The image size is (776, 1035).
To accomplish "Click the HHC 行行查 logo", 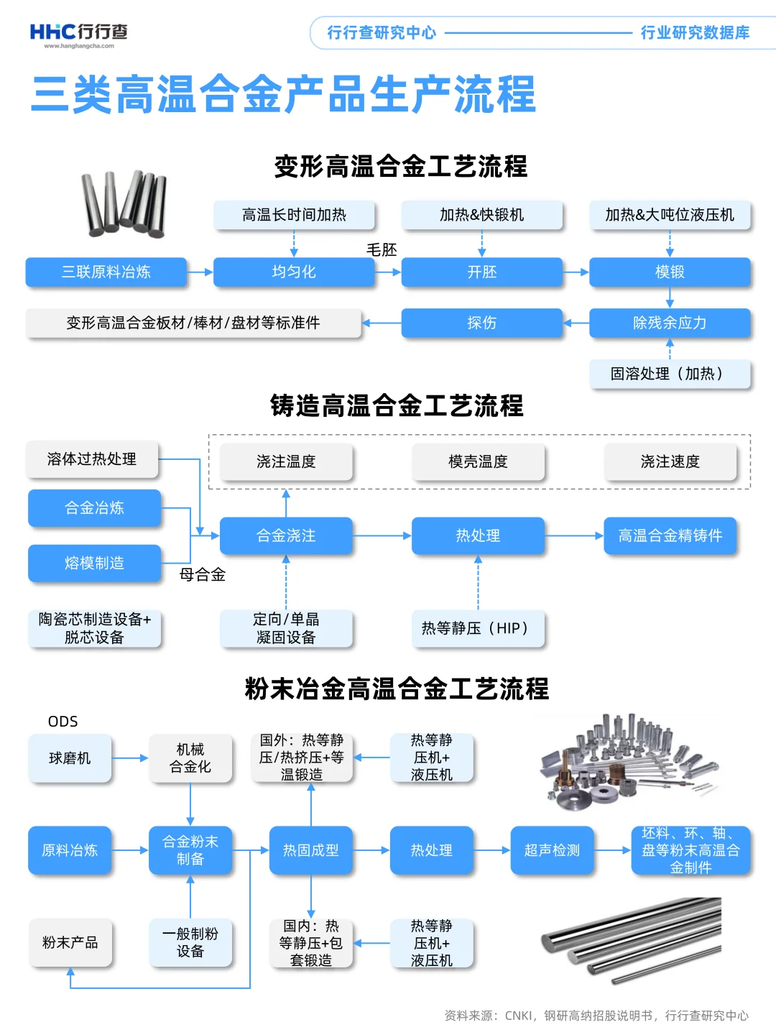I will pos(78,34).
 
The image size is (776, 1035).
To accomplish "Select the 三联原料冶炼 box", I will pos(106,272).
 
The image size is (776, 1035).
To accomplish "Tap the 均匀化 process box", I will pos(294,272).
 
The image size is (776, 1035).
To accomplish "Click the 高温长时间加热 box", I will pos(294,215).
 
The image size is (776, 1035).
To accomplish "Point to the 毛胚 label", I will pos(382,249).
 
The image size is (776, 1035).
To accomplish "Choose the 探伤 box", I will pos(481,323).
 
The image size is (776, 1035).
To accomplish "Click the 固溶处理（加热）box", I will pos(670,374).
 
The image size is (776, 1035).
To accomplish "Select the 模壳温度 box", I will pos(478,461).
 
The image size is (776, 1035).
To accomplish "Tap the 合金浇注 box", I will pos(286,535).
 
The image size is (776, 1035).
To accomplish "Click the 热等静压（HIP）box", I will pos(478,628).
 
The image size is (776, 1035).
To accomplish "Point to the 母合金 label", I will pos(203,574).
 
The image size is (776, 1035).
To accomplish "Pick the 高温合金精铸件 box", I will pos(670,535).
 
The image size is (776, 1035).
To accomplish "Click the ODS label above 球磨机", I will pos(63,722).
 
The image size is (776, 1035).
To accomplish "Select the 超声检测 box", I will pos(552,850).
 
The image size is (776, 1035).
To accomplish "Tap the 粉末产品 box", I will pos(70,942).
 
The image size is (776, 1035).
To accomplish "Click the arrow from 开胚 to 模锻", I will pos(576,272).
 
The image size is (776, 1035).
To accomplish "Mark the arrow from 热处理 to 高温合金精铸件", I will pos(573,535).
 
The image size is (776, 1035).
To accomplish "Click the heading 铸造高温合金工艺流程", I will pos(397,406).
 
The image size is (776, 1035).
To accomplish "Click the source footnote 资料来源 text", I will pos(596,1016).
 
